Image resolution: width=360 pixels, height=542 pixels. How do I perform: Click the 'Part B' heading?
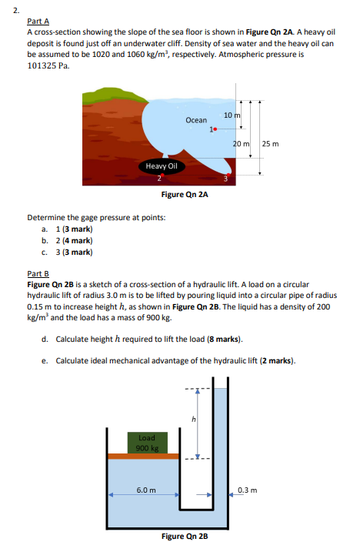[x=38, y=273]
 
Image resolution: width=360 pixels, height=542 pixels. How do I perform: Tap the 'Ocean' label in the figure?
[x=196, y=120]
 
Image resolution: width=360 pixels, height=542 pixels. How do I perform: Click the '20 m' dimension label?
[x=241, y=144]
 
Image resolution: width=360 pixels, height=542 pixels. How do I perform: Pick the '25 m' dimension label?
[x=271, y=144]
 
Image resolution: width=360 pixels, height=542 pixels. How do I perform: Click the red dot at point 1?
[x=218, y=129]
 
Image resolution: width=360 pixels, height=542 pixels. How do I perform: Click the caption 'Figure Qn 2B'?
[x=183, y=536]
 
